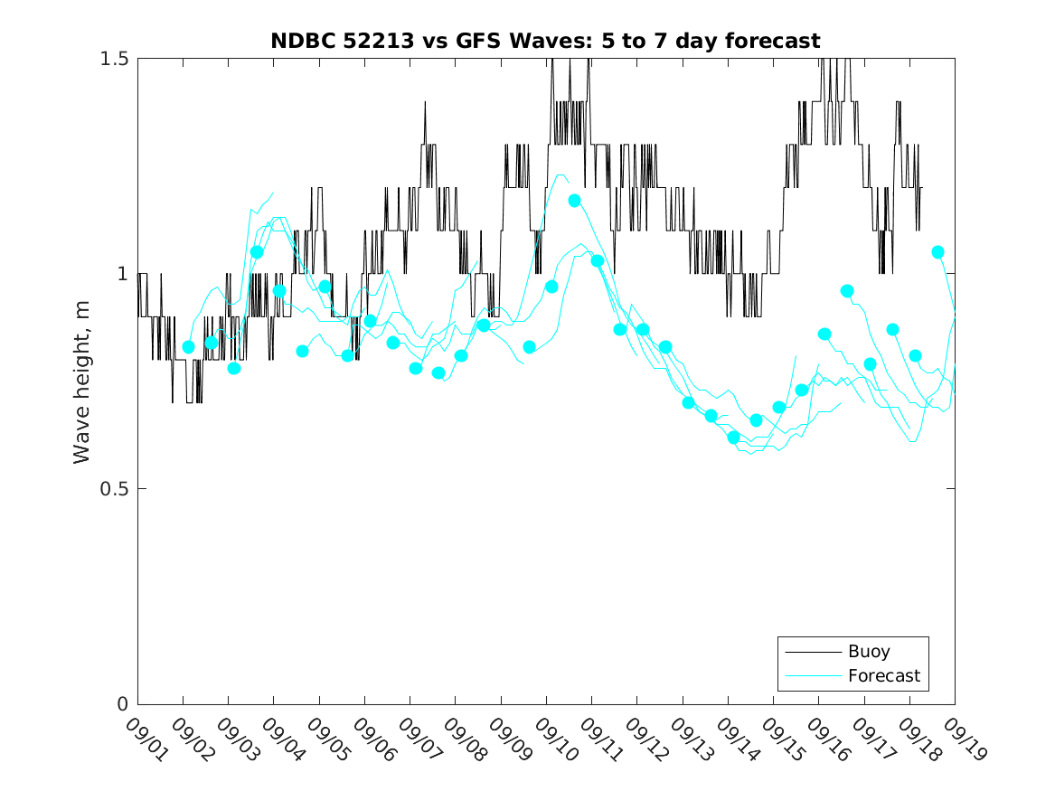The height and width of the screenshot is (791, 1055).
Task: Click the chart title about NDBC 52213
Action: pyautogui.click(x=545, y=42)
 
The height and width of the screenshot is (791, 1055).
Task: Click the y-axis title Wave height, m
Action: pyautogui.click(x=82, y=381)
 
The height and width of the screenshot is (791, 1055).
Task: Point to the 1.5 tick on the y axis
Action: pyautogui.click(x=115, y=59)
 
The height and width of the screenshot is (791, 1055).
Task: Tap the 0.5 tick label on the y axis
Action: pyautogui.click(x=115, y=489)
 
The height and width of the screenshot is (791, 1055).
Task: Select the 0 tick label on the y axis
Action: pyautogui.click(x=122, y=704)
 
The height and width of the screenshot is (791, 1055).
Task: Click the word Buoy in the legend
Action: pyautogui.click(x=868, y=652)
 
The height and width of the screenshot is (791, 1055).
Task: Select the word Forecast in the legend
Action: pyautogui.click(x=883, y=675)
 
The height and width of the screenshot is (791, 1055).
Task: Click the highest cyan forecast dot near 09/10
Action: pyautogui.click(x=574, y=201)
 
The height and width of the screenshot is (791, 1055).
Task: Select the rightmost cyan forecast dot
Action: pyautogui.click(x=937, y=252)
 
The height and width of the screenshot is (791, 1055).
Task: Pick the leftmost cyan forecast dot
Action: pyautogui.click(x=188, y=347)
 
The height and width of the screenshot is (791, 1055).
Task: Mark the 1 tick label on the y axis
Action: pyautogui.click(x=122, y=274)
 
